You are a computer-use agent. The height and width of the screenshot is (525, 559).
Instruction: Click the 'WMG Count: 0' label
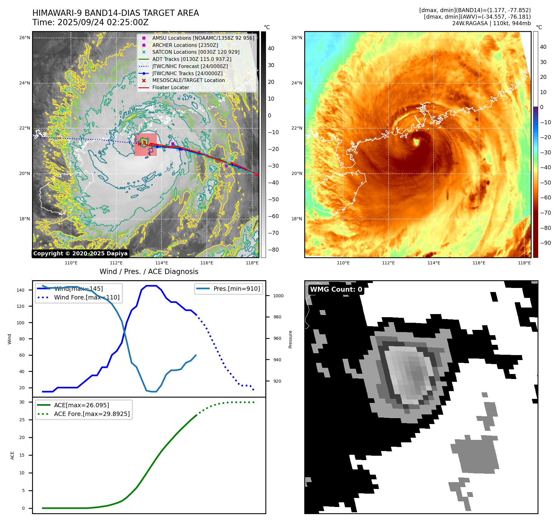click(336, 290)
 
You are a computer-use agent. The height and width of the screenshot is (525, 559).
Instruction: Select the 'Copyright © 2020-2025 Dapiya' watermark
click(80, 253)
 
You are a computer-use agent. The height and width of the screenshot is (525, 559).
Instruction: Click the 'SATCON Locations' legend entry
click(196, 52)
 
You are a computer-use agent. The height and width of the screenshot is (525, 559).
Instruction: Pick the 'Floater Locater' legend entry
click(170, 88)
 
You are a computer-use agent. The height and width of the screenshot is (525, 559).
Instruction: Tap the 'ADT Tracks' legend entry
click(192, 59)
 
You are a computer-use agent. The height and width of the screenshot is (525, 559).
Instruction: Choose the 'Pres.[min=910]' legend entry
click(236, 289)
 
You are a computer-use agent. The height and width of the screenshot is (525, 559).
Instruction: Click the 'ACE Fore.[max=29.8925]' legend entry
click(92, 414)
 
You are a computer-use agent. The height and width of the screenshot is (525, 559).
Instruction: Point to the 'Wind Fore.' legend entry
click(86, 297)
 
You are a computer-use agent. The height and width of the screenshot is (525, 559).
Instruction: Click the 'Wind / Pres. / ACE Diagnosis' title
click(149, 272)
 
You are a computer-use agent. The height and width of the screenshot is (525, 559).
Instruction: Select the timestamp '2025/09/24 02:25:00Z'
click(103, 23)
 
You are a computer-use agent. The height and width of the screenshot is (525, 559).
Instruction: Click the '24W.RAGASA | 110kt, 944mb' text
click(491, 23)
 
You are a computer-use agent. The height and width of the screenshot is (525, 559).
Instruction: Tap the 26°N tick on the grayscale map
click(25, 38)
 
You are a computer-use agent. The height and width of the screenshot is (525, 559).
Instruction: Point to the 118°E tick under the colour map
click(524, 263)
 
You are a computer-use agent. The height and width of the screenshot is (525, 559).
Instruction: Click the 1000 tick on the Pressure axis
click(278, 296)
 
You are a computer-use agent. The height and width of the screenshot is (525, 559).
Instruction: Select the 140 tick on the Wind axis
click(21, 290)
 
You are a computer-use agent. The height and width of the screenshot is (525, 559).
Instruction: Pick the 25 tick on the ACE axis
click(22, 420)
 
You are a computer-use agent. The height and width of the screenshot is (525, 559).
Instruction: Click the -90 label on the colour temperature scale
click(545, 243)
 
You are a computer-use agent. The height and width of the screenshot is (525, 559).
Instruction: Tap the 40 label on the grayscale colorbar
click(271, 48)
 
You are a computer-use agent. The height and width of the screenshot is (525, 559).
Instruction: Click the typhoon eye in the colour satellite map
click(416, 142)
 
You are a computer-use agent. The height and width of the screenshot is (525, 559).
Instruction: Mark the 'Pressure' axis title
click(290, 339)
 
